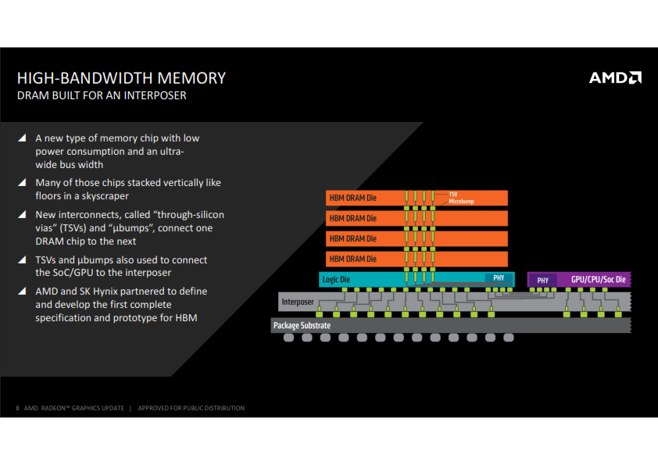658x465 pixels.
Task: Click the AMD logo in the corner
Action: [615, 77]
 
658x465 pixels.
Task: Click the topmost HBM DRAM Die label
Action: [352, 199]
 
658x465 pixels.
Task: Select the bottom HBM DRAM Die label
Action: [352, 259]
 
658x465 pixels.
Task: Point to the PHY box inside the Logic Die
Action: [498, 278]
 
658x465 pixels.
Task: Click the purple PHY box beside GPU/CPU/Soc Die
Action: [542, 280]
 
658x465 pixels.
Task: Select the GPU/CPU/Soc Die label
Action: [598, 279]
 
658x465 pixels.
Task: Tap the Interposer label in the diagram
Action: [297, 302]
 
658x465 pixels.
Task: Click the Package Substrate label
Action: [302, 325]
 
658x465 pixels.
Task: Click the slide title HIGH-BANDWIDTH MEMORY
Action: [121, 78]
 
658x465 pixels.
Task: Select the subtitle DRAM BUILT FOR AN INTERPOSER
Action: [102, 96]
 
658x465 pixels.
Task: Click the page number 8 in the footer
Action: [18, 408]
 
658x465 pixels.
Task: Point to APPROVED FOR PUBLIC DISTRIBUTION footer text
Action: [191, 408]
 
